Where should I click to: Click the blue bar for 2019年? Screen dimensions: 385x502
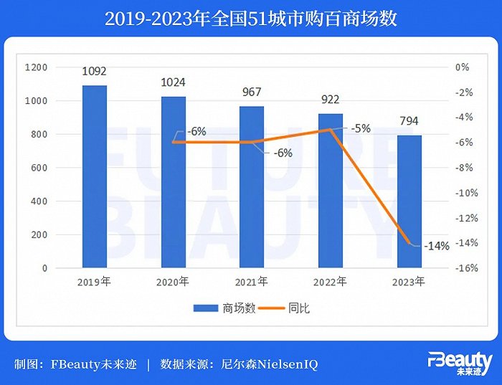tap(95, 176)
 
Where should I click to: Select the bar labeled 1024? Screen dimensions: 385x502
tap(173, 182)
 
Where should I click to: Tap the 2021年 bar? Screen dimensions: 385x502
tap(252, 187)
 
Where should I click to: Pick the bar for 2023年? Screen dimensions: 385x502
tap(409, 201)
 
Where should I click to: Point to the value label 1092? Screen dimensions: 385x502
tap(95, 72)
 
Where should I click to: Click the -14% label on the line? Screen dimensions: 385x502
tap(436, 245)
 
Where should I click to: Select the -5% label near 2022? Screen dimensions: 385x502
tap(361, 129)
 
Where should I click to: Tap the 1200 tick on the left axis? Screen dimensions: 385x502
tap(37, 67)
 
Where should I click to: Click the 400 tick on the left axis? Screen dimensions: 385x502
tap(39, 201)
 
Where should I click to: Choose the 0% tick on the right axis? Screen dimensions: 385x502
tap(463, 67)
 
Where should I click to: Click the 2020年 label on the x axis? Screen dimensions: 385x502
tap(173, 281)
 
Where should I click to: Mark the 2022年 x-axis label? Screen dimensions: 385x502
tap(330, 281)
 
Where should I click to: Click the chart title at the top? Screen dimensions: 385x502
tap(251, 18)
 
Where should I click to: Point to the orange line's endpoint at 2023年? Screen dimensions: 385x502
tap(409, 244)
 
